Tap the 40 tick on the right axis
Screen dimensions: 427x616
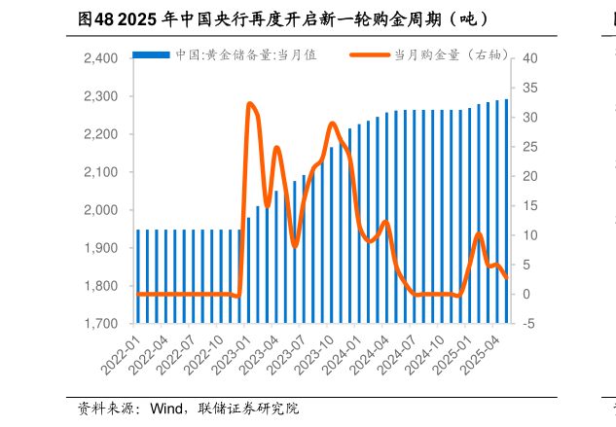pos(530,58)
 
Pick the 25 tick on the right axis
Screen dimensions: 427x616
pos(530,147)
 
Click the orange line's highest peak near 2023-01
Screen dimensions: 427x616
pos(250,103)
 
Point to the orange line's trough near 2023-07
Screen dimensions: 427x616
pos(295,246)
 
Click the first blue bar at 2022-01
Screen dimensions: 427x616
pos(138,276)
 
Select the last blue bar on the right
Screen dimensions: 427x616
pos(507,210)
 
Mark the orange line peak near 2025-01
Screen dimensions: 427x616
pos(479,233)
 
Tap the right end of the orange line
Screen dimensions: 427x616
pos(507,278)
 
